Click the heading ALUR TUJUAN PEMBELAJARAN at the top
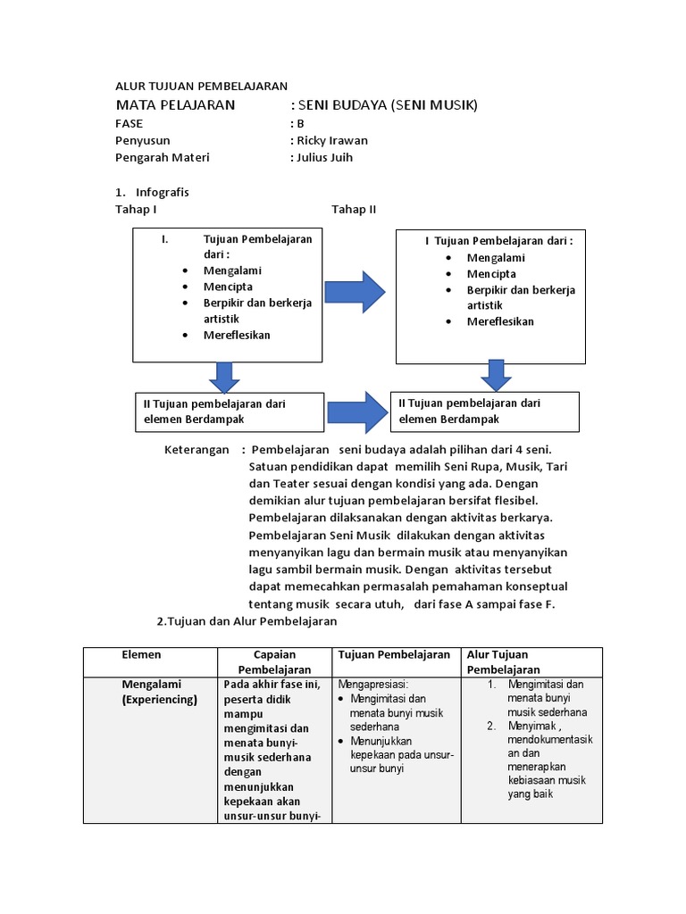[x=201, y=87]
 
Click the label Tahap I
[x=136, y=210]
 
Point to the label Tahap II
[x=354, y=210]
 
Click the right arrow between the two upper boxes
[x=355, y=292]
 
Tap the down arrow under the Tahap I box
[x=223, y=376]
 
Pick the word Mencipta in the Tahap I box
[x=228, y=287]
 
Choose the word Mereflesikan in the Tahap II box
[x=500, y=321]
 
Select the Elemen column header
[x=141, y=655]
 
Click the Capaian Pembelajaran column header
[x=274, y=662]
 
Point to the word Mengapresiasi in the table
[x=373, y=685]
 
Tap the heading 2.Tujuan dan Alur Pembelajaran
[x=246, y=621]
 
